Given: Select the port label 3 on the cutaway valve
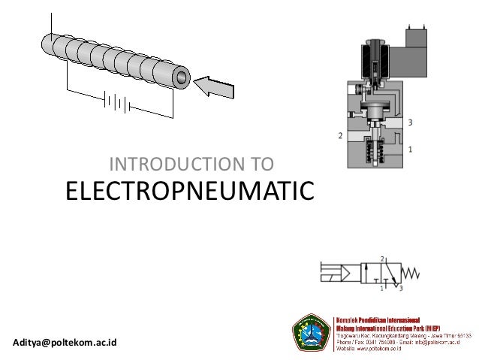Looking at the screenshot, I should tap(409, 122).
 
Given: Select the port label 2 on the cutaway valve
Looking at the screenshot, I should tap(341, 136).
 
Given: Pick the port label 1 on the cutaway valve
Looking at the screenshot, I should tap(409, 150).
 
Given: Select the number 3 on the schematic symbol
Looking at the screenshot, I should tap(401, 286).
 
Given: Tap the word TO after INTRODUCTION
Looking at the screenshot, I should tap(264, 163).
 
